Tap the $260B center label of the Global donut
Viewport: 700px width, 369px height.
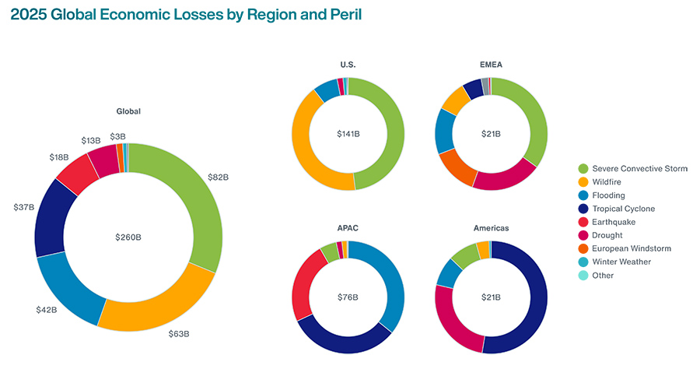click(128, 237)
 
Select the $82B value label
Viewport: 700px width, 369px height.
click(218, 177)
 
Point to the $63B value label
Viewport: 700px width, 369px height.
click(179, 334)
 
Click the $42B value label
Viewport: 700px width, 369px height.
click(47, 310)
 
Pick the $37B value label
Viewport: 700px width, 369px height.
click(24, 207)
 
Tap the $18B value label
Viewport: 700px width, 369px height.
click(59, 157)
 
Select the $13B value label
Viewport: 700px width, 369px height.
click(90, 140)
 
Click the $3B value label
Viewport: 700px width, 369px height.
click(117, 136)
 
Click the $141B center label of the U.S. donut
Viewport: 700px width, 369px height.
click(348, 134)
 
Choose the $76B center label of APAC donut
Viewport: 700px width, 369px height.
click(348, 297)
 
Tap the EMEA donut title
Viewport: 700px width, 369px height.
click(491, 65)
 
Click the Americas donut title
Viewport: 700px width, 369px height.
click(491, 228)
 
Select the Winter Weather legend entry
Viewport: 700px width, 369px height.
click(622, 262)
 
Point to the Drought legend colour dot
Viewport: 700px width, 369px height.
click(583, 235)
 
